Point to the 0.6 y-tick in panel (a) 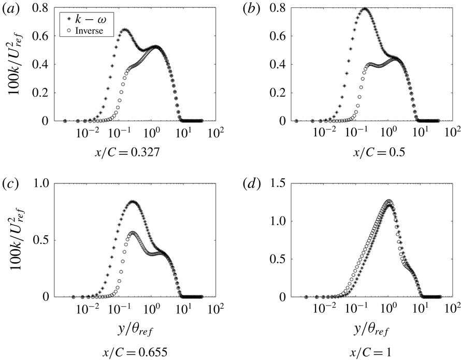(x=45, y=37)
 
